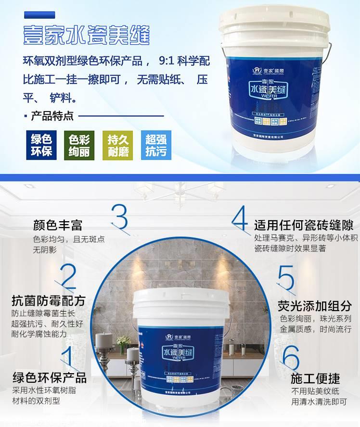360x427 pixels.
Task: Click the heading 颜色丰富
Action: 58,225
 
